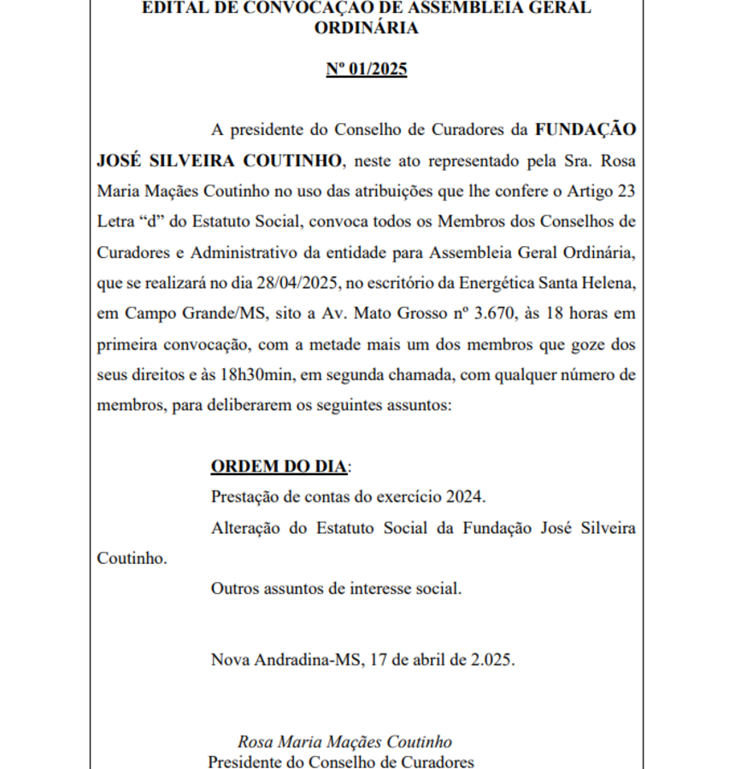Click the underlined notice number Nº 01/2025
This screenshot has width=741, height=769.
pyautogui.click(x=367, y=69)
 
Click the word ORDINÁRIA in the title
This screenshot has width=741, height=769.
pyautogui.click(x=367, y=28)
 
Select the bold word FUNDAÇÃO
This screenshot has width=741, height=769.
pyautogui.click(x=585, y=130)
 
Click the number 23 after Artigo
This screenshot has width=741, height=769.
pyautogui.click(x=626, y=191)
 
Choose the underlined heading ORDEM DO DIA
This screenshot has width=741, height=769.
pyautogui.click(x=279, y=467)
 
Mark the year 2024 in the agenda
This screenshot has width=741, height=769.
pyautogui.click(x=465, y=497)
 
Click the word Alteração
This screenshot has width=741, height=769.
pyautogui.click(x=245, y=528)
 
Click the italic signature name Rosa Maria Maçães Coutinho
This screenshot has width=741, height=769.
pyautogui.click(x=344, y=742)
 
